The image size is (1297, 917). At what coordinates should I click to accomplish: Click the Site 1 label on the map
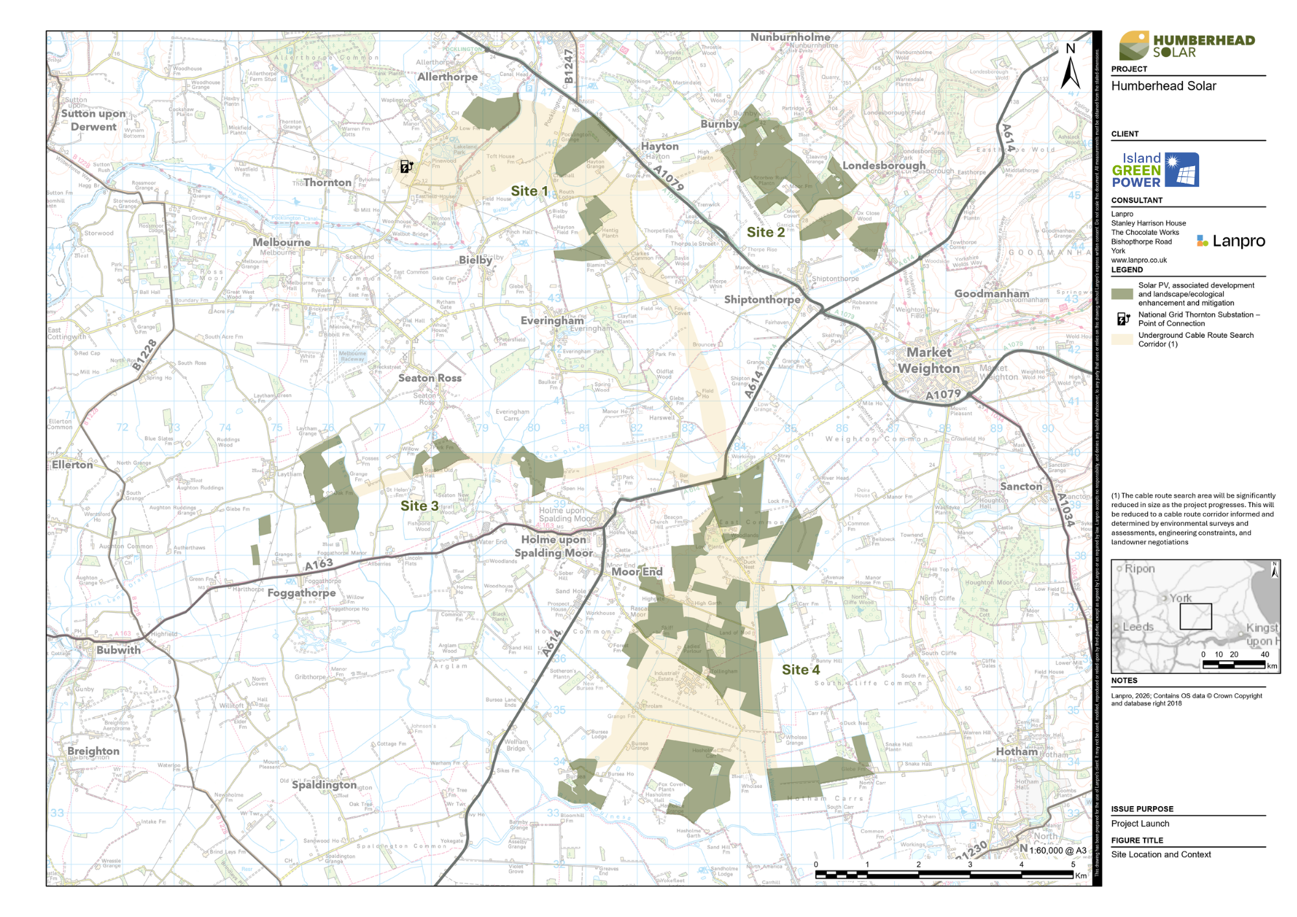pos(529,191)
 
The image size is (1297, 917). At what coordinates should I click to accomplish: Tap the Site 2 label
pos(765,232)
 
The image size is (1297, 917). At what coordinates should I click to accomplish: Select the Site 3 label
pos(419,506)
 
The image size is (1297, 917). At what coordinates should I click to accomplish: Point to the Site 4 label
pos(800,670)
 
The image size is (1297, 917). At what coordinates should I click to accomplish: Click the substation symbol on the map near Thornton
pos(406,167)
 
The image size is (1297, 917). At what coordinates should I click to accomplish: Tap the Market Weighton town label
pos(929,361)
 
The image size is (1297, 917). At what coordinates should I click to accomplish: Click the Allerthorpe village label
pos(447,77)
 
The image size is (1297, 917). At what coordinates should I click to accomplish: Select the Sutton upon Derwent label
pos(93,120)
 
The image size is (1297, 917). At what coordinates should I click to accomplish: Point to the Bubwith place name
pos(118,650)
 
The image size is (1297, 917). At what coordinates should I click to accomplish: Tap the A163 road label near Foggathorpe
pos(319,564)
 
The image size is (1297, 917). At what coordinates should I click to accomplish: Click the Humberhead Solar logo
pos(1187,45)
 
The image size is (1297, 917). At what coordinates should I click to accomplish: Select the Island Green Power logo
pos(1155,170)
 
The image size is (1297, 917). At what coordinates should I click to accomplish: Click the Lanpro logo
pos(1230,241)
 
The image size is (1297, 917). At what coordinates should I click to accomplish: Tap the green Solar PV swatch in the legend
pos(1122,294)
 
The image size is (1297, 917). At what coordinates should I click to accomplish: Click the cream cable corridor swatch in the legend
pos(1122,339)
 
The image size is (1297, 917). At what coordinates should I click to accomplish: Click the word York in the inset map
pos(1180,598)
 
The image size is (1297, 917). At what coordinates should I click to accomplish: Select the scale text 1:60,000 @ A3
pos(1057,850)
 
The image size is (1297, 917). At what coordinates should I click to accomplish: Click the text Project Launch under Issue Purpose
pos(1140,824)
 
